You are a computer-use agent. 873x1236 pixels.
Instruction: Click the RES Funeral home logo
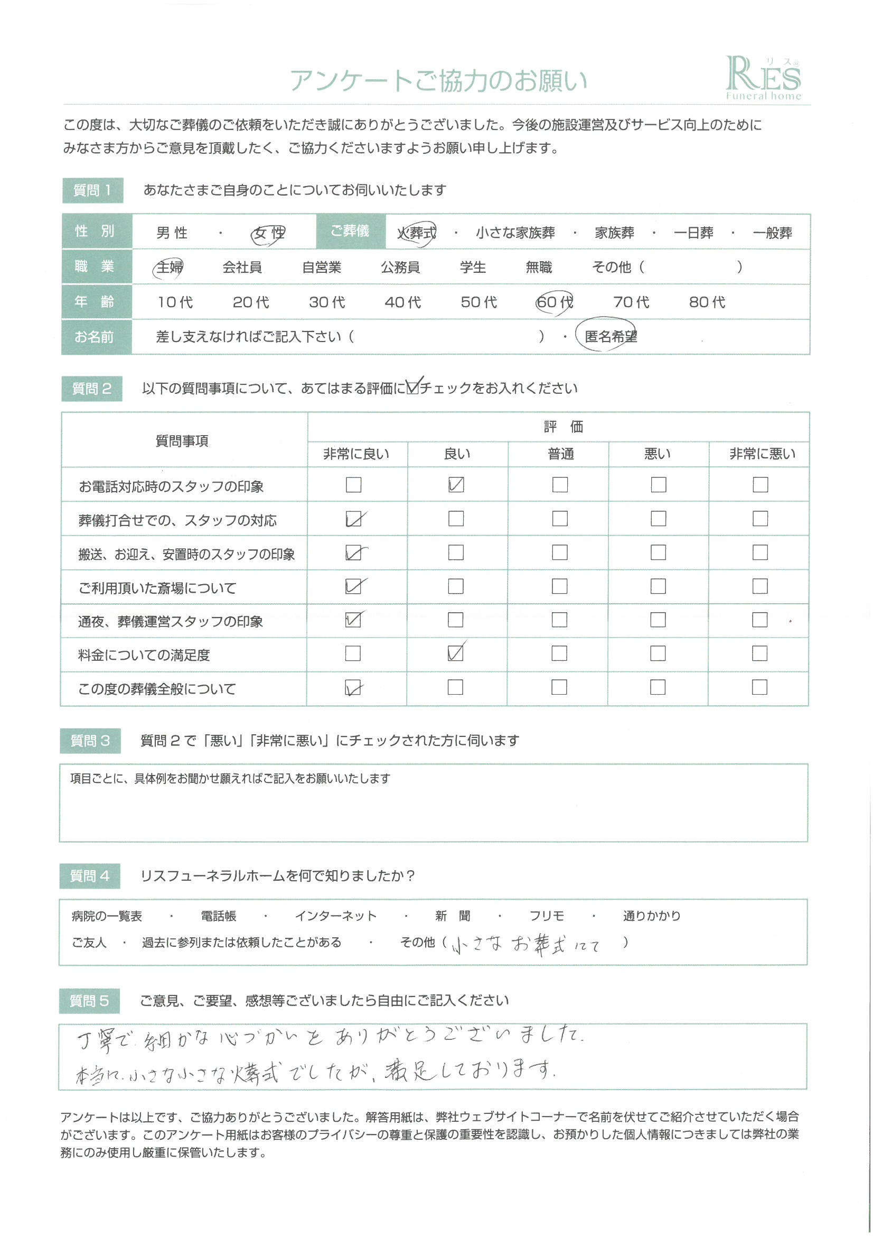pos(763,78)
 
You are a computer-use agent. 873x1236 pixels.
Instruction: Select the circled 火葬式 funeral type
pos(416,233)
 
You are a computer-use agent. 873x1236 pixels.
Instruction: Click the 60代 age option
pos(555,302)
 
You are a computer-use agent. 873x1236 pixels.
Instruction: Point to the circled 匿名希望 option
pos(609,336)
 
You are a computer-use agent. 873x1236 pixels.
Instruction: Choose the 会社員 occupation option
pos(242,267)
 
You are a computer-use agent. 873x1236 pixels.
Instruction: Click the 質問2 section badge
pos(92,389)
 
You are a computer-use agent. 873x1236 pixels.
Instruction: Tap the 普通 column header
pos(560,454)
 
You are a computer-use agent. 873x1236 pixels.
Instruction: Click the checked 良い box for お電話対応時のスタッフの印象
pos(456,485)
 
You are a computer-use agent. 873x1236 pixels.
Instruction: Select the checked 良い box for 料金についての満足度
pos(456,653)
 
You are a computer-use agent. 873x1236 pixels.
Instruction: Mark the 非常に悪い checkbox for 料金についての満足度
pos(759,653)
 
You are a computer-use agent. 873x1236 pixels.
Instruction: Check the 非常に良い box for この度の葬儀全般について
pos(353,687)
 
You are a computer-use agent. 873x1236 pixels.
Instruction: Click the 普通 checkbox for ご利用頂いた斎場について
pos(559,586)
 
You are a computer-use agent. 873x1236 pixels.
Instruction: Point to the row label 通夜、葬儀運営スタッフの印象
pos(171,622)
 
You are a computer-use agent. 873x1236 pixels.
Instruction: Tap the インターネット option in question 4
pos(336,916)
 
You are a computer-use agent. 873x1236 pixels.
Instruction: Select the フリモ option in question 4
pos(547,916)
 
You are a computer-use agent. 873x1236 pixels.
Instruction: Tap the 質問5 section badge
pos(89,1001)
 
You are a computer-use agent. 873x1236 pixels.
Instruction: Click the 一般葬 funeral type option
pos(773,233)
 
